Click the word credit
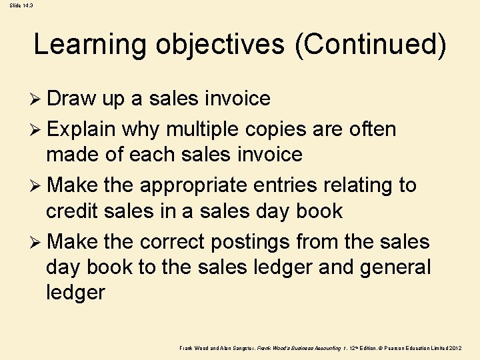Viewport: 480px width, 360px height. tap(73, 211)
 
